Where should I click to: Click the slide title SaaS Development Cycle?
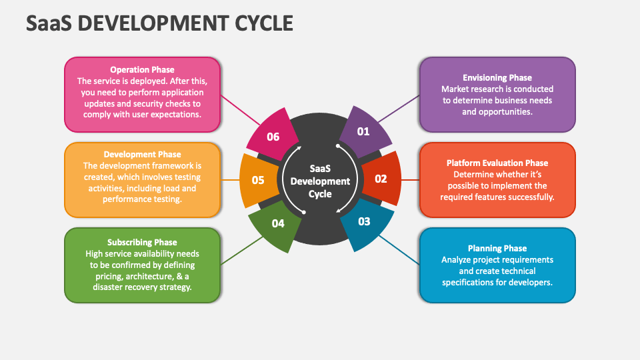point(160,23)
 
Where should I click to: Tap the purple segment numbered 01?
point(363,132)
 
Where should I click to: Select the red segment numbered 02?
point(381,179)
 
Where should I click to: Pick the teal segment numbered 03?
point(364,222)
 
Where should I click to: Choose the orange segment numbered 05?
point(258,180)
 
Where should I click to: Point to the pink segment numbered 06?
point(273,137)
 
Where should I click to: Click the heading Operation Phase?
point(142,69)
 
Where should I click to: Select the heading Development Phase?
point(142,155)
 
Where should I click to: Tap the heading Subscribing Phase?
point(142,242)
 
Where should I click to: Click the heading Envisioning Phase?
point(497,78)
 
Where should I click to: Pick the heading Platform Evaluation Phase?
point(497,163)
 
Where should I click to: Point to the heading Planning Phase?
point(497,249)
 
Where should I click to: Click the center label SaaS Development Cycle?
point(320,181)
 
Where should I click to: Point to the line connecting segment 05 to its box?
point(230,180)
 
